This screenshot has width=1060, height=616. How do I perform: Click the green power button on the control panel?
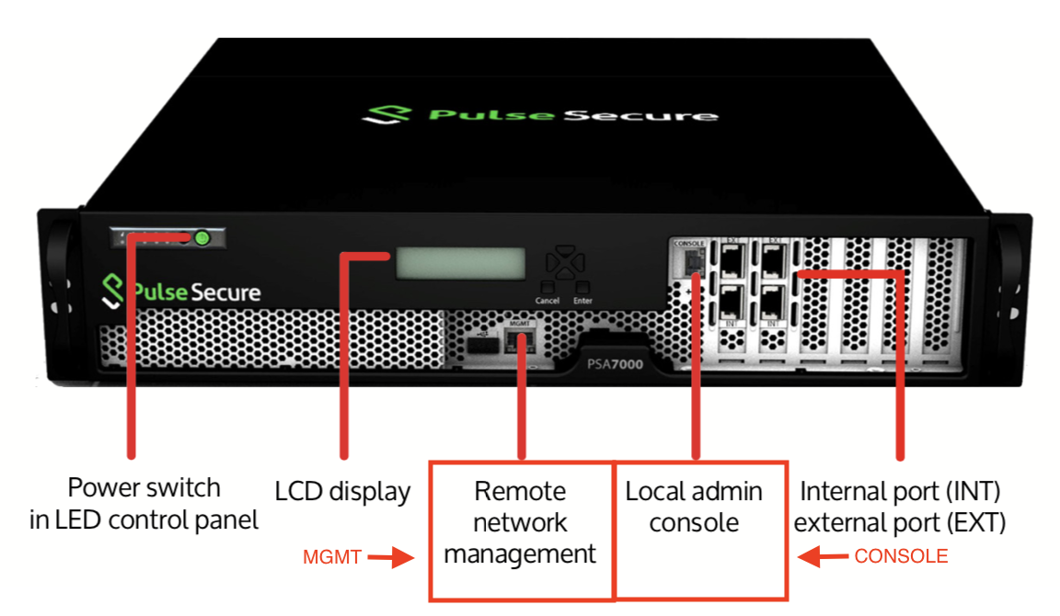coord(202,239)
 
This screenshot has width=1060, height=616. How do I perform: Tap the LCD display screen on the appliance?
coord(460,264)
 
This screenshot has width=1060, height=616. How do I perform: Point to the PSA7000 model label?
coord(616,365)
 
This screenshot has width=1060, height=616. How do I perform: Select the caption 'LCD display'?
coord(342,492)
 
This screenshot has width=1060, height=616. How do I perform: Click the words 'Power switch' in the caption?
coord(144,487)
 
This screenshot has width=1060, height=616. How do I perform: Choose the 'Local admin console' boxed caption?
coord(694,507)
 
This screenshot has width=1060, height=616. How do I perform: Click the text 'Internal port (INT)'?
coord(900,490)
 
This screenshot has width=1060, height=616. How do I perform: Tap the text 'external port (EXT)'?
coord(900,522)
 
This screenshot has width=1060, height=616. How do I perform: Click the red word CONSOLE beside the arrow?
coord(901,556)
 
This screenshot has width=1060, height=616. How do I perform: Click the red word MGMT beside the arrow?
coord(332,557)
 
